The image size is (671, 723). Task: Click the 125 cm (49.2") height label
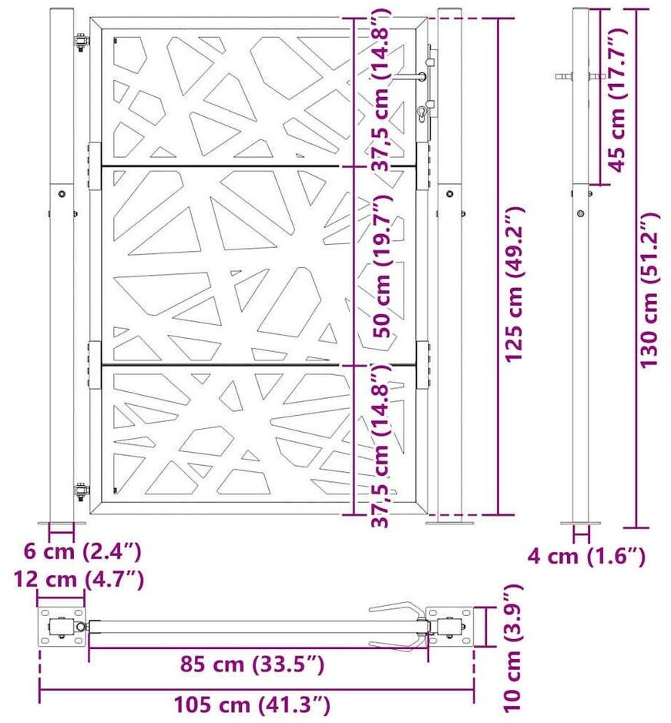(x=514, y=285)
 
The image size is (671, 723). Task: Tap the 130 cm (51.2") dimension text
(x=650, y=290)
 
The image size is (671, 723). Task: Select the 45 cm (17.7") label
(x=617, y=99)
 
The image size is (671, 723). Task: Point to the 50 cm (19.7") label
(x=382, y=266)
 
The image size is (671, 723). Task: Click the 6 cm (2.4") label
(x=82, y=551)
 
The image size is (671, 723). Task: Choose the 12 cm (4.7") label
(x=79, y=579)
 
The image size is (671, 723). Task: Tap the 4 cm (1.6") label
(x=586, y=556)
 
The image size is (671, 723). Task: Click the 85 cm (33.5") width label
(x=252, y=664)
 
